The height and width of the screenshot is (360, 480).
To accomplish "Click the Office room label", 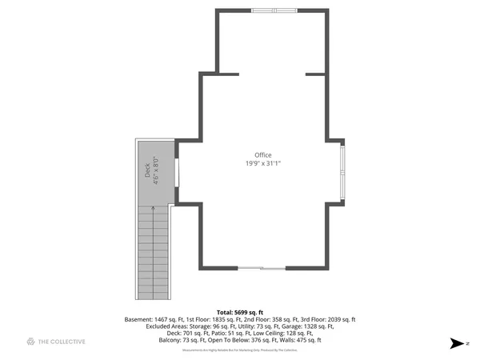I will pos(262,155).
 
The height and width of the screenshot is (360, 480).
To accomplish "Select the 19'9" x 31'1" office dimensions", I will pos(262,164).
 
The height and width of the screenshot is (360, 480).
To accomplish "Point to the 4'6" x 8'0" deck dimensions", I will pos(157,170).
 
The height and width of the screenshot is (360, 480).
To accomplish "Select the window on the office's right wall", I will pos(342,170).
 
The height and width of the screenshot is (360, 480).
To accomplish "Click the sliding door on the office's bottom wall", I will pos(261,267).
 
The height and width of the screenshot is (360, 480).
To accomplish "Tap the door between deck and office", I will pos(177,170).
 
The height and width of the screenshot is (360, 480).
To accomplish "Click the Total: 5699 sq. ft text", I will pos(240,312).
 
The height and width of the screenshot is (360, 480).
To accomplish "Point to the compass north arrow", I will pos(457,342).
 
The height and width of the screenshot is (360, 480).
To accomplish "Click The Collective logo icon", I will pos(31,342).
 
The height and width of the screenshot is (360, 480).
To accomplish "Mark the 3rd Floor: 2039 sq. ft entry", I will pos(327,319).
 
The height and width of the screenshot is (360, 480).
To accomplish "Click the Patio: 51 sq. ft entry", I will pos(226,334).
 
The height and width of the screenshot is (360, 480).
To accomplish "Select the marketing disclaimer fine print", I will pos(240,350).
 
